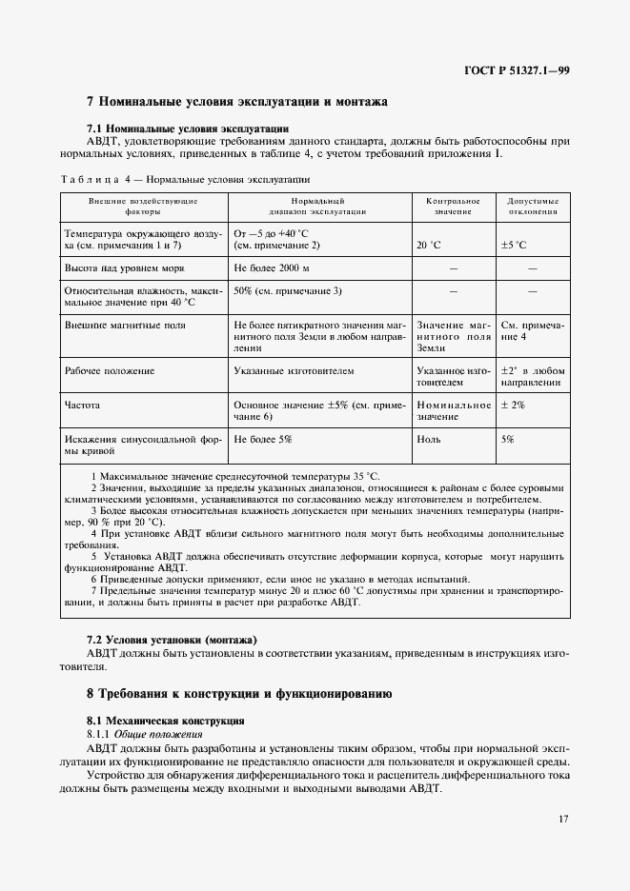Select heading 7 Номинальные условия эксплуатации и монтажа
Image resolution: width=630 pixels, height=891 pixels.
coord(236,101)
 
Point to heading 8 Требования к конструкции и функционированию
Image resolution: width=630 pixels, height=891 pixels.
coord(239,694)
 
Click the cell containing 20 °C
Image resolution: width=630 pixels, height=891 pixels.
coord(429,245)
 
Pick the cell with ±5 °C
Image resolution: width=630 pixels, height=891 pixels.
coord(514,245)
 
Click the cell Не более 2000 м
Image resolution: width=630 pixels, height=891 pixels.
coord(275,269)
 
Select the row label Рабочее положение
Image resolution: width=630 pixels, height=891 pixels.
coord(109,370)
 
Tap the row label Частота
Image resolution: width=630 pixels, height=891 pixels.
coord(82,405)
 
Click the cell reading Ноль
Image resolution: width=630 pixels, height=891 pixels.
coord(428,439)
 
